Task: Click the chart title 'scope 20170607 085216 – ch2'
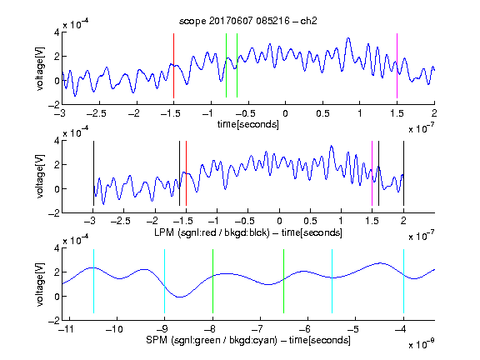click(x=248, y=21)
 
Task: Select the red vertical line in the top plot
click(x=173, y=66)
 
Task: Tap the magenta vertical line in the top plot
click(x=397, y=66)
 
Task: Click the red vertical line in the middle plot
click(x=186, y=173)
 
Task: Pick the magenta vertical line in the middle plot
click(x=372, y=173)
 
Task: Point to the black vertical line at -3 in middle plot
click(x=93, y=173)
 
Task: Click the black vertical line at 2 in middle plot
click(x=403, y=173)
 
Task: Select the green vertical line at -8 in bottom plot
click(x=212, y=282)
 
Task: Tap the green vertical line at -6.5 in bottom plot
click(x=284, y=282)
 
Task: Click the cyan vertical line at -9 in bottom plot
click(x=165, y=282)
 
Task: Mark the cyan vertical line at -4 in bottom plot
click(x=403, y=282)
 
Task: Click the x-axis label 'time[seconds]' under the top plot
click(x=248, y=124)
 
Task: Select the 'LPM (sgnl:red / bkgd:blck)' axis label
click(x=212, y=232)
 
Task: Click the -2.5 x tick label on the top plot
click(x=96, y=113)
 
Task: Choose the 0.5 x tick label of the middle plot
click(x=310, y=221)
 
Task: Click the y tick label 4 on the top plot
click(x=57, y=32)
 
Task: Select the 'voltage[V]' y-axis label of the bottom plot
click(x=40, y=284)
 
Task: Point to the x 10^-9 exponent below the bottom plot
click(x=421, y=343)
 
